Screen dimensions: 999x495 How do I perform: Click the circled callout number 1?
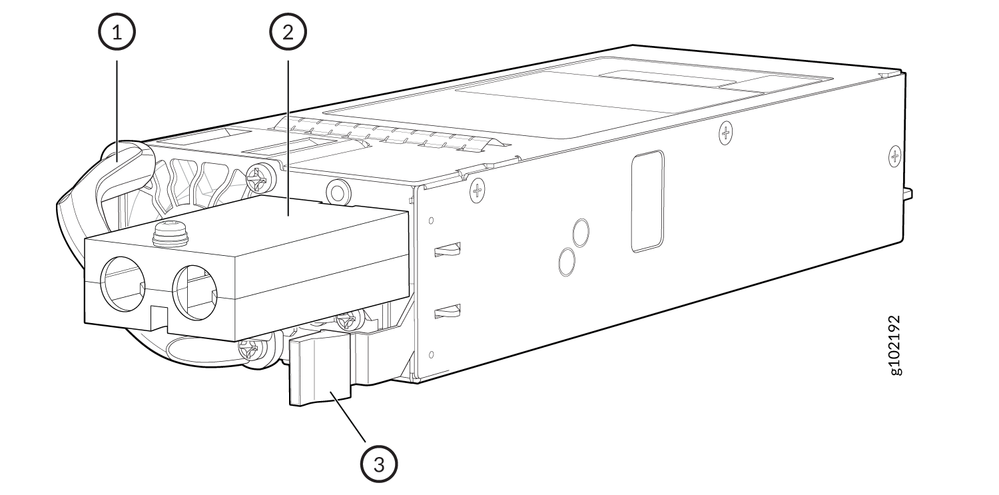(x=117, y=33)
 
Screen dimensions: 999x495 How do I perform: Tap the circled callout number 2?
(x=288, y=33)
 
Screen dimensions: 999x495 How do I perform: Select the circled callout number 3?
(x=379, y=464)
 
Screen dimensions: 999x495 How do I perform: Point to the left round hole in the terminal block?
(x=123, y=284)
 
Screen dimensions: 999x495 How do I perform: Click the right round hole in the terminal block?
(x=195, y=293)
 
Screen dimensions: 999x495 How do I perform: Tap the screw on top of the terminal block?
(x=169, y=235)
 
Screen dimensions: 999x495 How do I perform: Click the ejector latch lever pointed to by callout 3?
(x=320, y=370)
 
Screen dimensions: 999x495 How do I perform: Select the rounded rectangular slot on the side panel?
(x=648, y=202)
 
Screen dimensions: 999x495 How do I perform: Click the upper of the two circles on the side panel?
(x=581, y=233)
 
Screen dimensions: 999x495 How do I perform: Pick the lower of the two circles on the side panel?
(x=566, y=262)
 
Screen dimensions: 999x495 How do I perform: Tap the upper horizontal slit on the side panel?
(x=448, y=250)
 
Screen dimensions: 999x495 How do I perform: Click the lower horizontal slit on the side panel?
(x=448, y=311)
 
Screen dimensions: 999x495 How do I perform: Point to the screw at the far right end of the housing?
(x=894, y=156)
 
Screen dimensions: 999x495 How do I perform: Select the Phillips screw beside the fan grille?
(x=258, y=179)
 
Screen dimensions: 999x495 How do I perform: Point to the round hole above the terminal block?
(x=338, y=192)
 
